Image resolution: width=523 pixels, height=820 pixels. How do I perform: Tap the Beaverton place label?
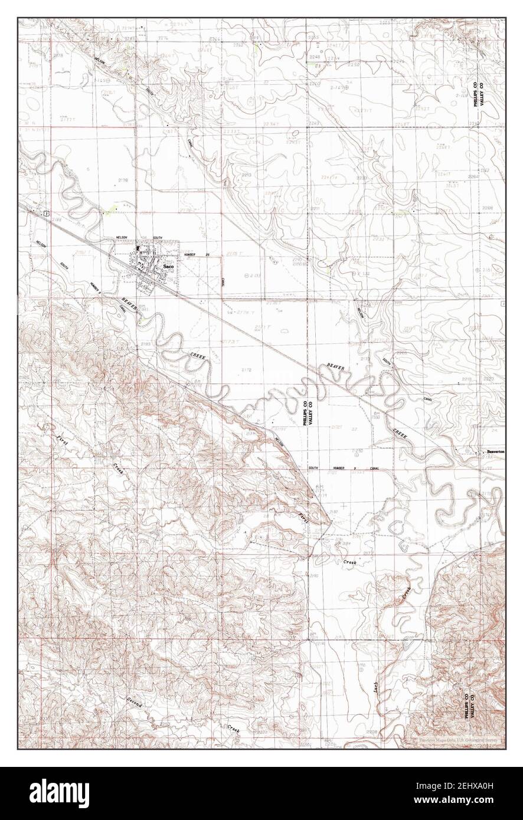[x=493, y=452]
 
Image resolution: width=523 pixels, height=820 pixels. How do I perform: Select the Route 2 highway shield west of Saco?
[x=45, y=213]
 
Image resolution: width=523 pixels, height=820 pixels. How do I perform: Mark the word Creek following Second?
[x=234, y=728]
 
